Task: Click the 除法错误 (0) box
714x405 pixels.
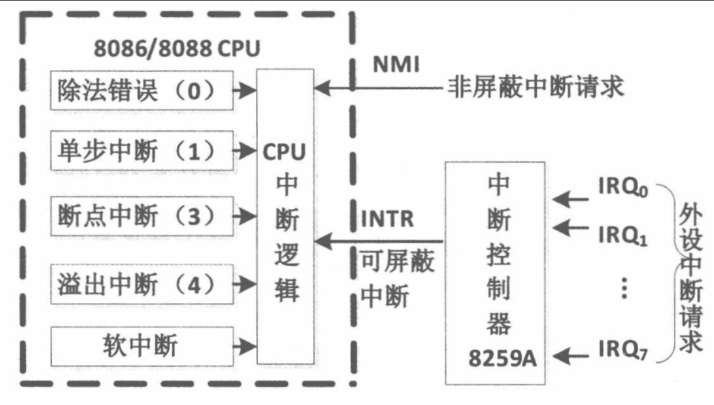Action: [142, 90]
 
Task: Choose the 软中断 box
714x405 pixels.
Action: [142, 345]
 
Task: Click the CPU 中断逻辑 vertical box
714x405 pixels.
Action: [285, 216]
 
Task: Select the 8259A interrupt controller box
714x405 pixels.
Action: [495, 273]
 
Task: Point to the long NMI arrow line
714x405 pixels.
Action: [379, 89]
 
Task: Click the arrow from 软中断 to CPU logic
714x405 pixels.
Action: [245, 345]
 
